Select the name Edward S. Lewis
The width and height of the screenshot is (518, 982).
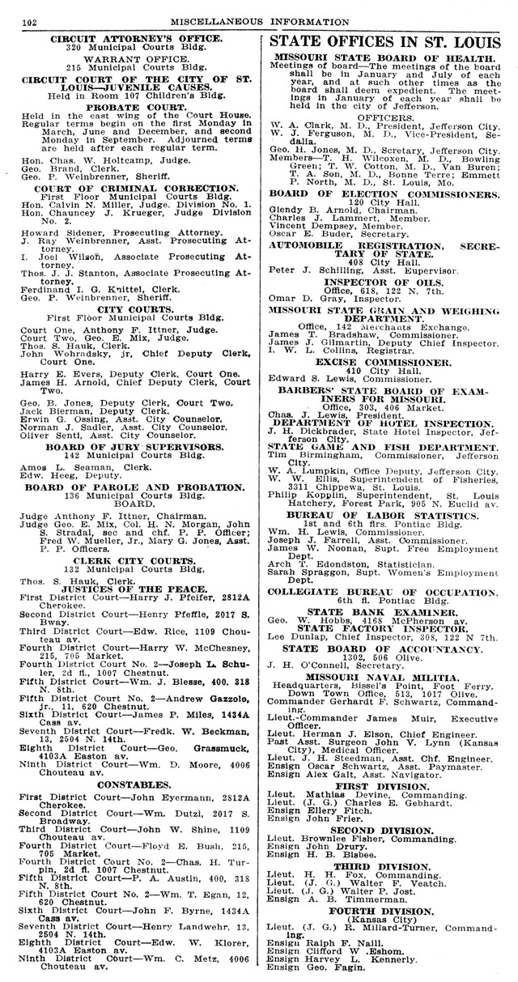coord(308,380)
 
